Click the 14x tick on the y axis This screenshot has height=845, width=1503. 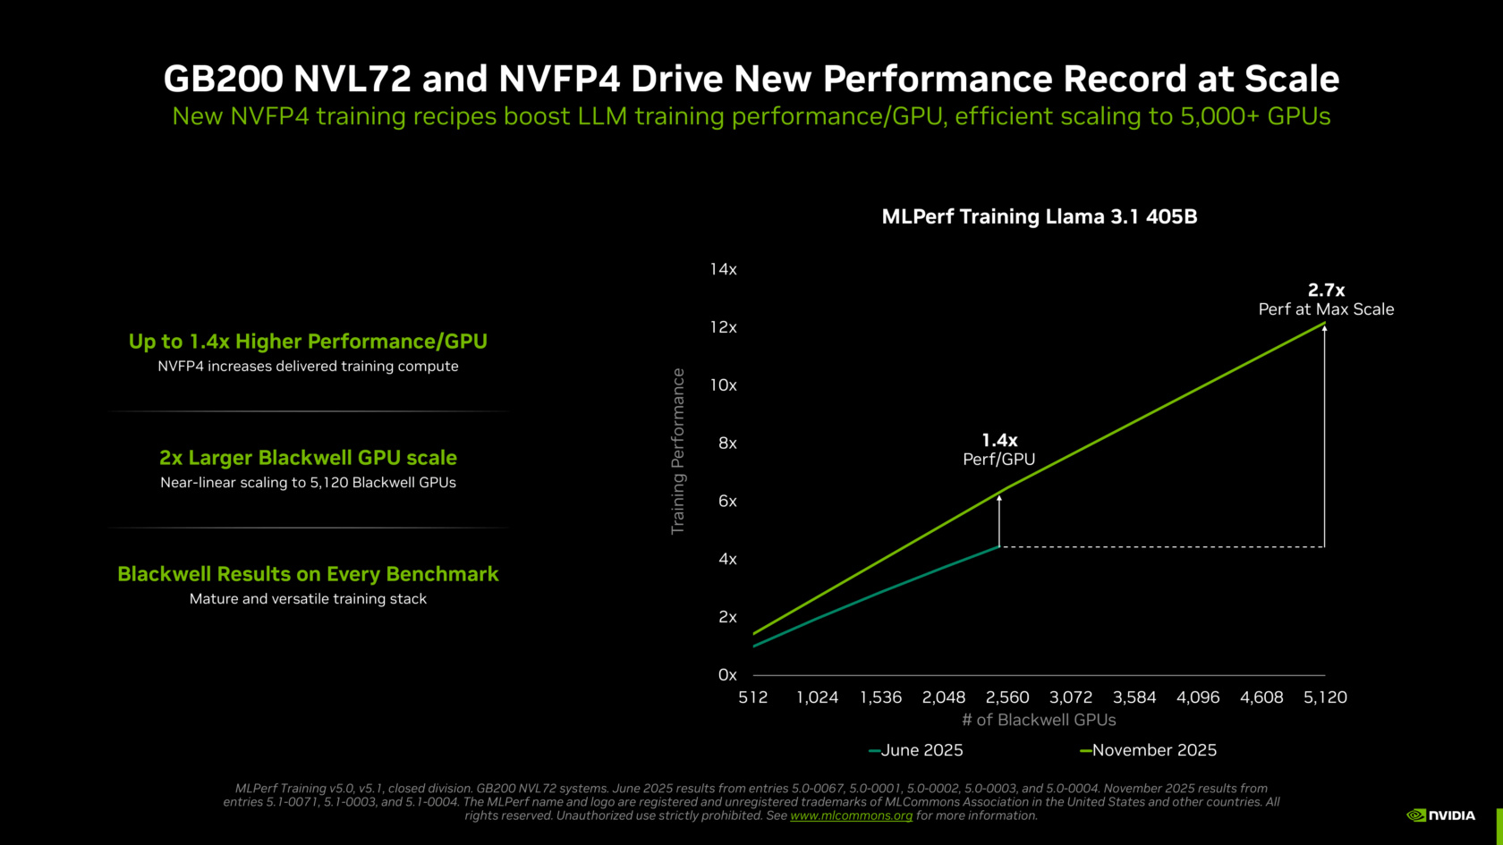pos(723,269)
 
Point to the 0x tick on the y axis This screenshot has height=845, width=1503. pos(726,675)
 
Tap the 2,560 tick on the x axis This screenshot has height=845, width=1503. pos(1007,697)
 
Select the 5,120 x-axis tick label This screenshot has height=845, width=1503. pos(1324,697)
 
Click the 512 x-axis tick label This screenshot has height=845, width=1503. pos(753,697)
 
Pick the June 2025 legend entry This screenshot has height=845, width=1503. pos(916,750)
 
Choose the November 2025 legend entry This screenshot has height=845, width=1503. pos(1149,750)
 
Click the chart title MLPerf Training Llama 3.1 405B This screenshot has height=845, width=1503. pos(1039,216)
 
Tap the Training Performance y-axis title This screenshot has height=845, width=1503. pos(678,452)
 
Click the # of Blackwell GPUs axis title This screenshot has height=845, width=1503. pos(1039,720)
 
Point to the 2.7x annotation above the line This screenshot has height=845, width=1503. pos(1326,290)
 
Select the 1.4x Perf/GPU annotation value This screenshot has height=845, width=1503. pos(999,440)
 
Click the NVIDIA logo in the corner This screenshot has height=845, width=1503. pos(1440,815)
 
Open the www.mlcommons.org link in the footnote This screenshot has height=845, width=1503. pos(851,815)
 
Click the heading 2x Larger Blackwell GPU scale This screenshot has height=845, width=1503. pos(308,458)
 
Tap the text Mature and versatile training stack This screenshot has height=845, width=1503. pos(308,599)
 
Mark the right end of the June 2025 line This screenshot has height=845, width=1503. pos(998,546)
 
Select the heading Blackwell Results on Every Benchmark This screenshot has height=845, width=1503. pos(308,574)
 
